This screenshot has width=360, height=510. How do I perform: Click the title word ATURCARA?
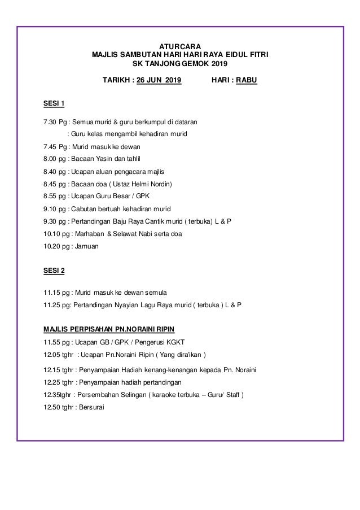pyautogui.click(x=180, y=46)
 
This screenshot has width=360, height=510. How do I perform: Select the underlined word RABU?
pyautogui.click(x=247, y=80)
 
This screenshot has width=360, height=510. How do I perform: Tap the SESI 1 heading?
pyautogui.click(x=54, y=103)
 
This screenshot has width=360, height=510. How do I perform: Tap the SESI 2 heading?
pyautogui.click(x=54, y=271)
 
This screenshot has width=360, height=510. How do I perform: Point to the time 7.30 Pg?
pyautogui.click(x=54, y=121)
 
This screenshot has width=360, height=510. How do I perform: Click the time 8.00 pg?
pyautogui.click(x=54, y=159)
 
